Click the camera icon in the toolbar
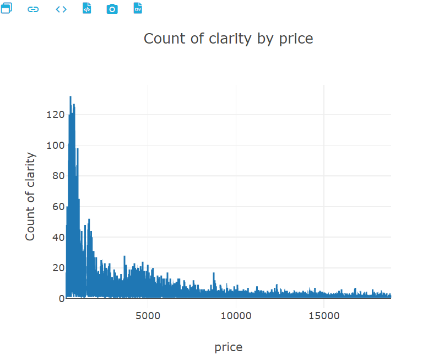(112, 9)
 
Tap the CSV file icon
(138, 9)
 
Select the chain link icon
(34, 9)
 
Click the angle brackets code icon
(61, 9)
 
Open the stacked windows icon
(6, 9)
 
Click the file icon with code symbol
(86, 9)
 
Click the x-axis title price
(228, 347)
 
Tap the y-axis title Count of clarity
(30, 197)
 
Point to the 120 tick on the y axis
(55, 115)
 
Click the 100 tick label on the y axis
(55, 146)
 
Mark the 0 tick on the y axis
(61, 299)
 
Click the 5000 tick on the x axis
(148, 316)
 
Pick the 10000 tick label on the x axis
(235, 316)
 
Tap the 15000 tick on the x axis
(323, 316)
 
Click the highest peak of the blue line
(71, 97)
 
